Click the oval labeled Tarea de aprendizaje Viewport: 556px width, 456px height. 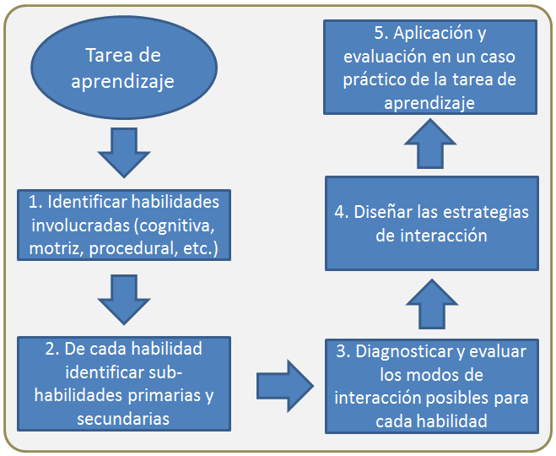point(124,68)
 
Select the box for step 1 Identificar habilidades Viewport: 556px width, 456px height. point(124,225)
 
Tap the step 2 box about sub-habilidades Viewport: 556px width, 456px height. point(124,384)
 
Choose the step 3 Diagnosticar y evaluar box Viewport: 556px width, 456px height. point(432,387)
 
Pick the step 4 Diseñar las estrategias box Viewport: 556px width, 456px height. point(432,224)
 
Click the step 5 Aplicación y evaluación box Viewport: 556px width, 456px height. point(430,67)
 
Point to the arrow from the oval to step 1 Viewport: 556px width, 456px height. point(124,153)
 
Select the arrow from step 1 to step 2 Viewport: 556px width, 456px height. point(124,300)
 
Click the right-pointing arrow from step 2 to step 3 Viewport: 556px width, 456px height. point(285,386)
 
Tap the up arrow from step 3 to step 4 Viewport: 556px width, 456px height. point(432,304)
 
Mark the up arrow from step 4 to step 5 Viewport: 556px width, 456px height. point(430,144)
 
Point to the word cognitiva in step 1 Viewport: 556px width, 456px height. point(175,226)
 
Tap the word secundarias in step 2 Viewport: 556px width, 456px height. point(123,419)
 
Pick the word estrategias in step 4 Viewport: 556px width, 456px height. point(486,213)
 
